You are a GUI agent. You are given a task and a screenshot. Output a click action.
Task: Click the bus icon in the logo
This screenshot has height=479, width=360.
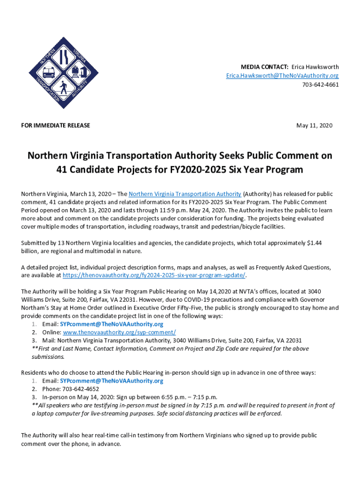point(49,73)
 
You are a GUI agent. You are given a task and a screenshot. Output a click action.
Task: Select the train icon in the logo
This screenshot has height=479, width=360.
point(78,73)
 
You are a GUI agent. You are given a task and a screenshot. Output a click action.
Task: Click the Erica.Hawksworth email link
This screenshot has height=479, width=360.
point(282,76)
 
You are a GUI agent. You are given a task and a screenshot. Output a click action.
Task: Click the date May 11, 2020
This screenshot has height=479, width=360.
point(314,125)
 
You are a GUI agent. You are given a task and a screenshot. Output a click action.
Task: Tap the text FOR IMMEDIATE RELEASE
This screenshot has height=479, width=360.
point(56,125)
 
